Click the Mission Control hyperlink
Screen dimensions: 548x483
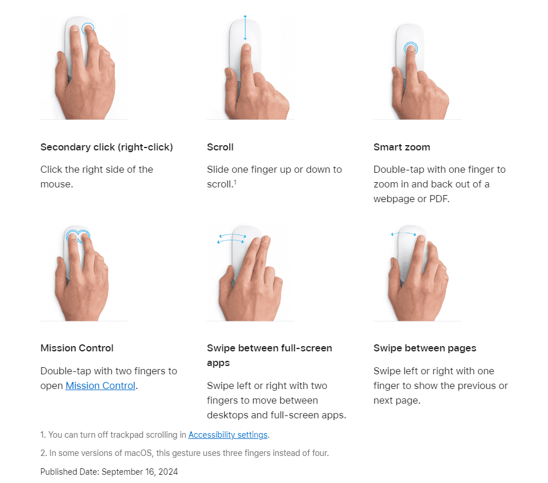(100, 385)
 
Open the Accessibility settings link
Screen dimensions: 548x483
(228, 435)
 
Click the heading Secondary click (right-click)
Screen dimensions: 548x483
(107, 147)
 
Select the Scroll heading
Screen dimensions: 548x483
(220, 147)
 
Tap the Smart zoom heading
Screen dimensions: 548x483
(402, 147)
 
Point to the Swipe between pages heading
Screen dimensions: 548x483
(425, 348)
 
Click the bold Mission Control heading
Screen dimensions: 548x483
(77, 348)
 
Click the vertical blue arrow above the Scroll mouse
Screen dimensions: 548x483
(245, 28)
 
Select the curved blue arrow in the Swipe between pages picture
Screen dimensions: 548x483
(404, 233)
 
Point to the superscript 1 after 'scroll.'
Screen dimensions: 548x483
(235, 182)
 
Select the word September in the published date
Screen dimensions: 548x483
(122, 472)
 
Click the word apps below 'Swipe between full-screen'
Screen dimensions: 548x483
(218, 364)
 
